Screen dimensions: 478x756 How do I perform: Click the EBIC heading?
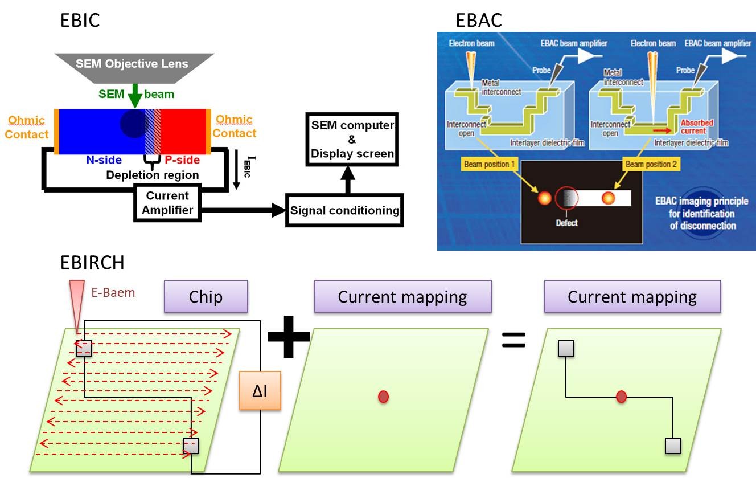(80, 21)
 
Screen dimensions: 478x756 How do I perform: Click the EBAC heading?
(479, 21)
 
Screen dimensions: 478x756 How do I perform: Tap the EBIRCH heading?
(92, 263)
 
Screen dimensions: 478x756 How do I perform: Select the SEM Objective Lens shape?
(134, 64)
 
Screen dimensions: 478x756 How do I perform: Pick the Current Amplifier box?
(167, 203)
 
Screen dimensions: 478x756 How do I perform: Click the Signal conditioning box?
(345, 210)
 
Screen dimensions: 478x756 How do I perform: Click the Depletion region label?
(153, 175)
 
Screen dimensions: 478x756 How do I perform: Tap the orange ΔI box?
(260, 390)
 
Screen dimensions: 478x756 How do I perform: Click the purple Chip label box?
(206, 296)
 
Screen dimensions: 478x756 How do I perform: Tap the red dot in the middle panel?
(383, 397)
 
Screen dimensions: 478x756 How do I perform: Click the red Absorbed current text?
(697, 126)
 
